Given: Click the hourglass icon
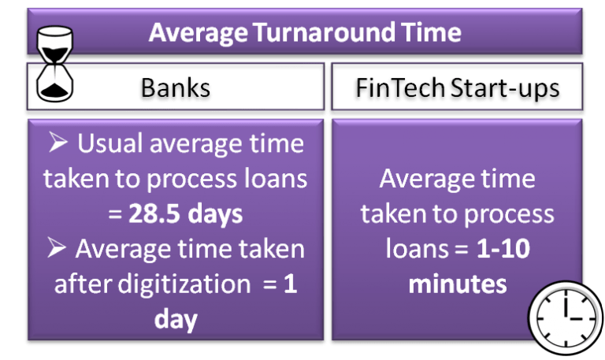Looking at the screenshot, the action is tap(54, 64).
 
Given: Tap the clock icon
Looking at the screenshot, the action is tap(566, 318).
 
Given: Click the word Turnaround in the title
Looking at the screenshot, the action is tap(325, 32).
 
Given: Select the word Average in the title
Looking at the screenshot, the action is tap(199, 33).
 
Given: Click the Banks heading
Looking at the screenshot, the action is tap(176, 88).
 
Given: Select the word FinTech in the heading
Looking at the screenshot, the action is tap(400, 88).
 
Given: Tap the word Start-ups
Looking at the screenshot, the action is tap(505, 89).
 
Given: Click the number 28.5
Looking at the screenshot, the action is tap(154, 213).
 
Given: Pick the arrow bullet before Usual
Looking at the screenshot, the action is tap(58, 142).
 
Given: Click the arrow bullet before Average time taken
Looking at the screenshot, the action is tap(57, 247).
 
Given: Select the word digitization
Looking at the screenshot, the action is tap(184, 284).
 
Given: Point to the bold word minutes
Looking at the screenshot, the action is tap(458, 284).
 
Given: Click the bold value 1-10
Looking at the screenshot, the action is tap(503, 249).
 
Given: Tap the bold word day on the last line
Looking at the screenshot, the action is tap(176, 320).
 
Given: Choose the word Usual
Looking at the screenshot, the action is tap(109, 143).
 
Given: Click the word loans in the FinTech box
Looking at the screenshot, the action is tap(417, 248).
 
